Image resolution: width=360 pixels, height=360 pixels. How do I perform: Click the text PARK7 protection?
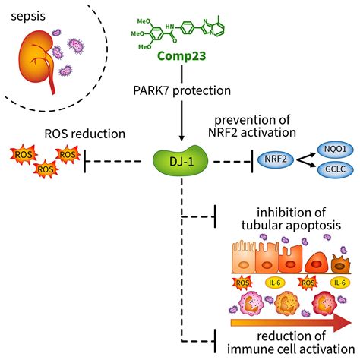click(x=181, y=92)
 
